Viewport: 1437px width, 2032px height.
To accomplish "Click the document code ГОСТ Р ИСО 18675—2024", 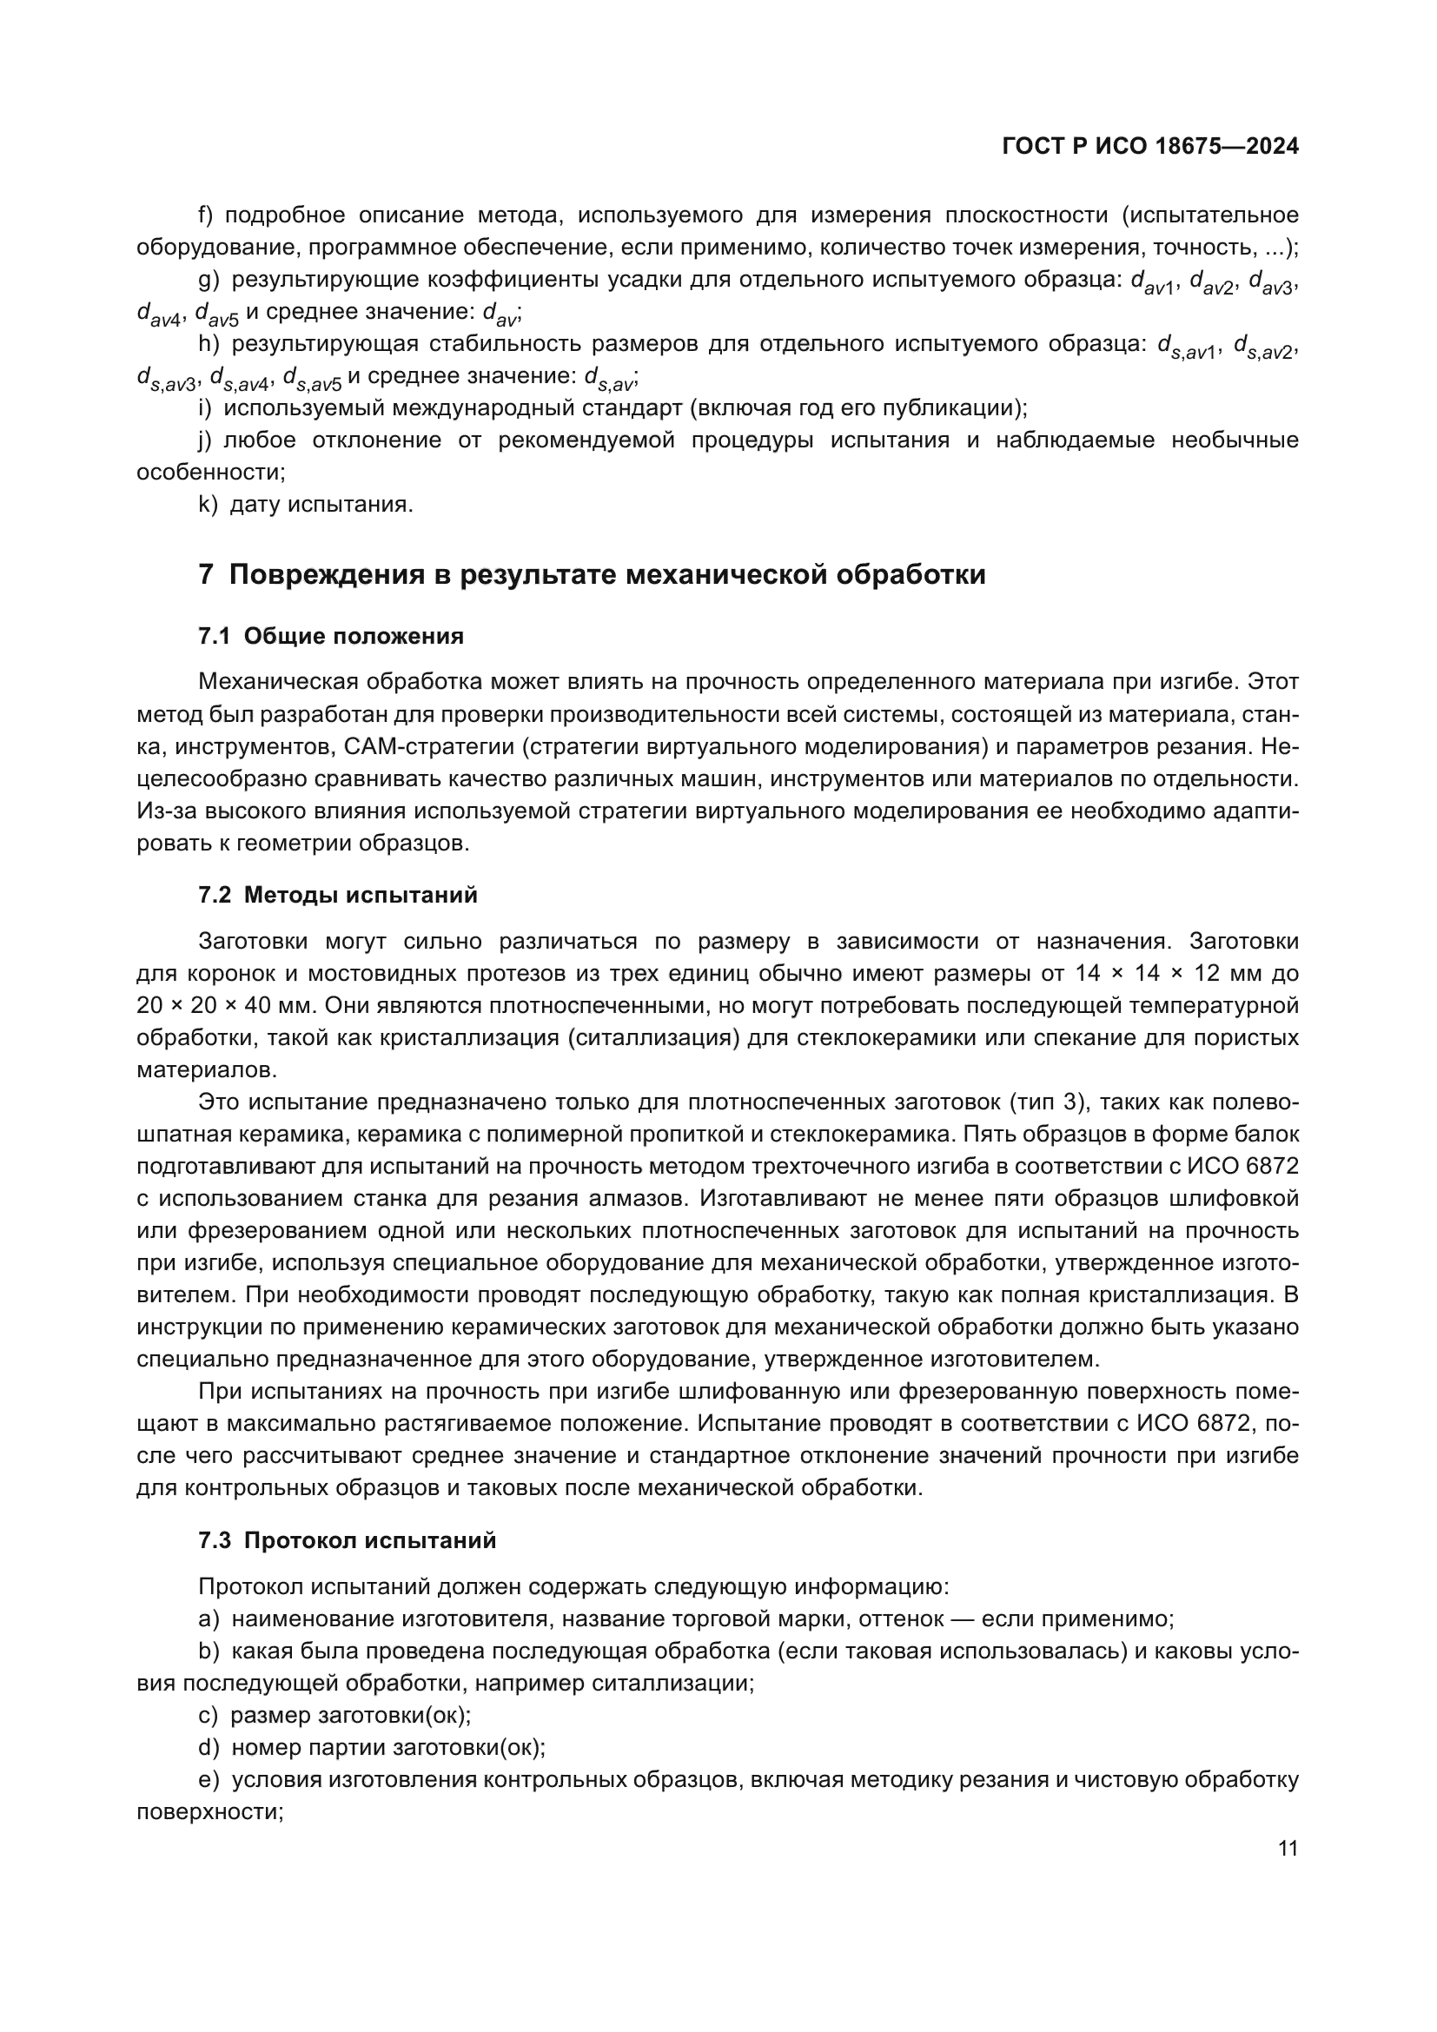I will (x=1149, y=147).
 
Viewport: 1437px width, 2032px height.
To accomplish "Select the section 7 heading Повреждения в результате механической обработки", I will (x=592, y=575).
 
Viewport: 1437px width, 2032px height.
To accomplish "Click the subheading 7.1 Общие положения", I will (x=331, y=636).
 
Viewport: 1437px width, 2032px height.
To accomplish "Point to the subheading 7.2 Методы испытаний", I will (x=338, y=895).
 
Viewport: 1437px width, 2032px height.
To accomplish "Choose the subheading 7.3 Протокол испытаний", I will (x=347, y=1541).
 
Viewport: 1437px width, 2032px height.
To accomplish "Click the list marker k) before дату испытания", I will (x=208, y=505).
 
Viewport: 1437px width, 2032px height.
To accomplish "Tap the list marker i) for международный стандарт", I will (x=205, y=408).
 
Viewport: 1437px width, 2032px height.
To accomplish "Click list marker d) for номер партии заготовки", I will (x=209, y=1748).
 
